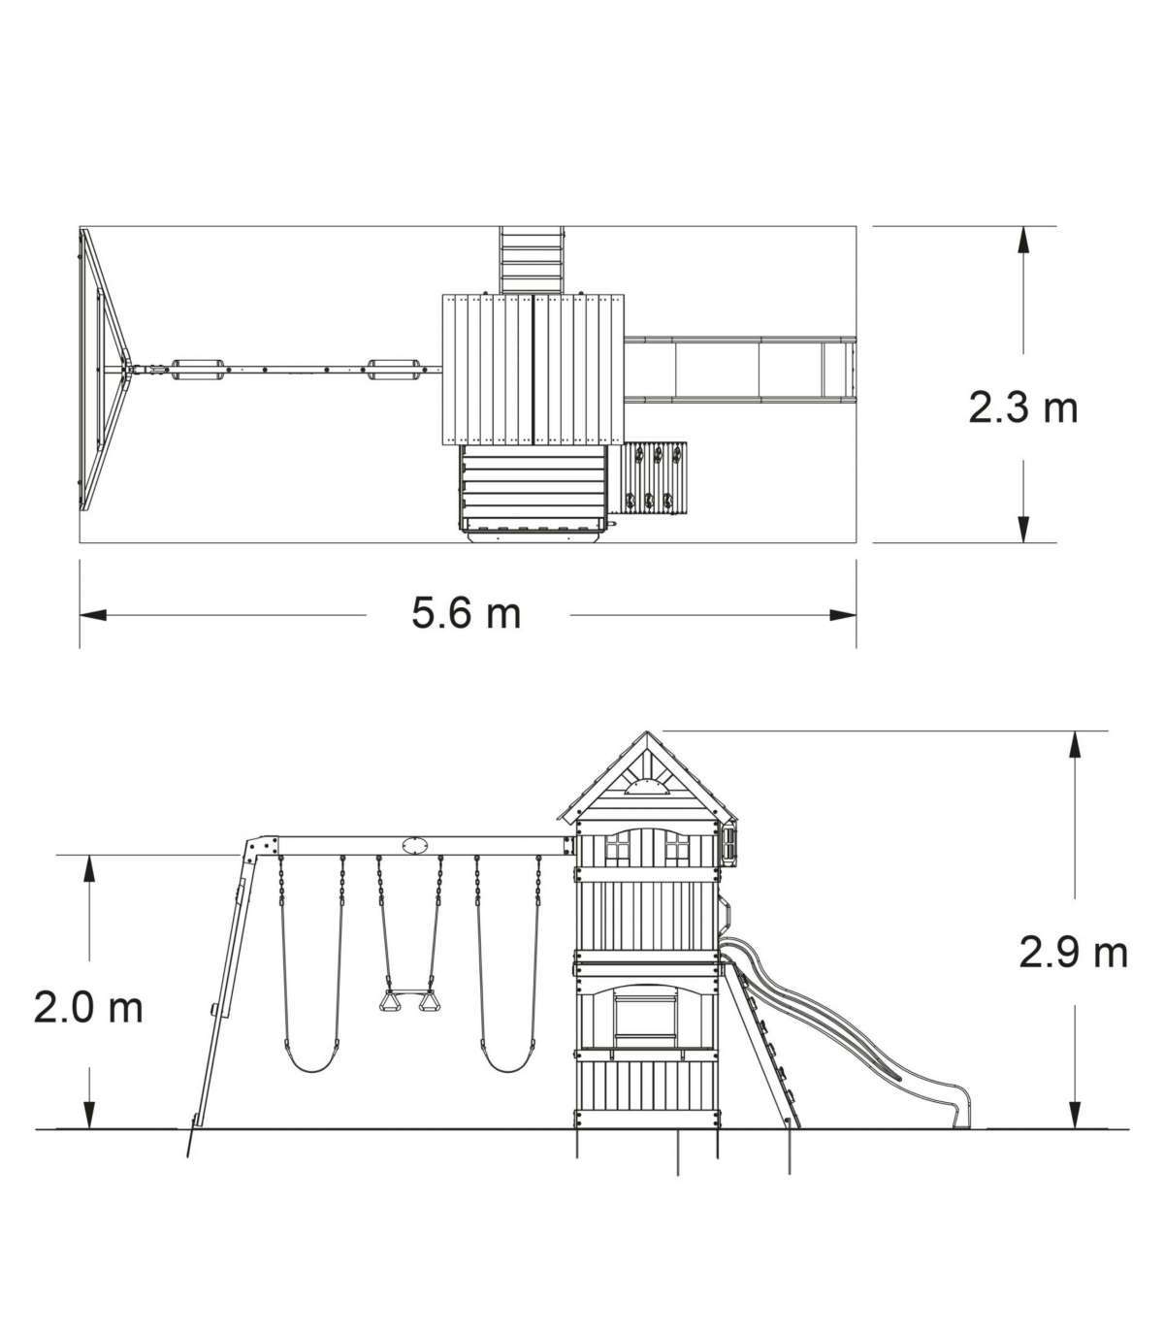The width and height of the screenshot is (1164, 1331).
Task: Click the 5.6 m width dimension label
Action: pos(467,613)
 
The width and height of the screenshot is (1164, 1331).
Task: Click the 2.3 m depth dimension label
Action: pos(1023,407)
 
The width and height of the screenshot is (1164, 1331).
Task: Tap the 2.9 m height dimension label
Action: pos(1073,954)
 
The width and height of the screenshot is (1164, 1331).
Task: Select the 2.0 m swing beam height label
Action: pos(88,1008)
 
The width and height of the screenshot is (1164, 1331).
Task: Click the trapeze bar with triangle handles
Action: pos(409,1002)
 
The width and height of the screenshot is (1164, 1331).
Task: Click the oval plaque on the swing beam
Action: pos(415,846)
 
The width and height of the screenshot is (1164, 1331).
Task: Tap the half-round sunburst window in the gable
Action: pos(646,787)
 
